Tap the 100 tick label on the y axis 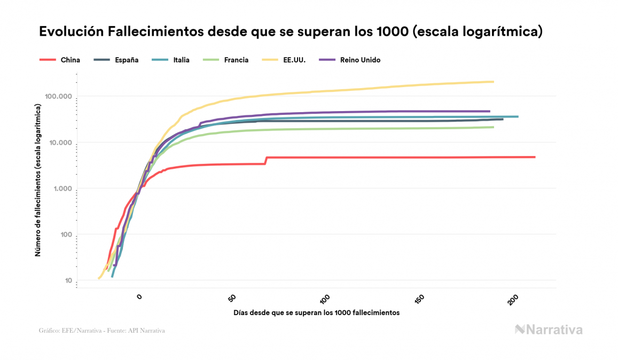point(64,235)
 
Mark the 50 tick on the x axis point(233,298)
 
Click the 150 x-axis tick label point(419,298)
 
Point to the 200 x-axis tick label point(513,298)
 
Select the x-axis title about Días point(316,312)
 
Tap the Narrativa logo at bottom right point(549,330)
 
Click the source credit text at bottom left point(102,331)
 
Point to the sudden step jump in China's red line point(266,160)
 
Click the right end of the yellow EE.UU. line point(492,82)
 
